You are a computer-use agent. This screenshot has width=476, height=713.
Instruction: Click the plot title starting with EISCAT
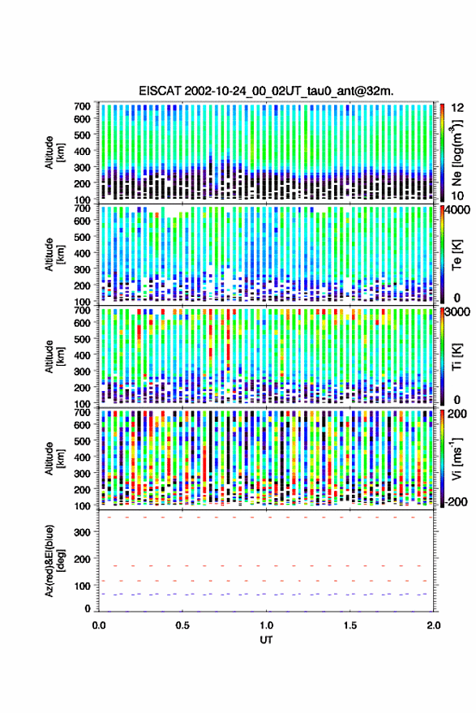266,91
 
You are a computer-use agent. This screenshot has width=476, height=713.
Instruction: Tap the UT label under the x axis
267,640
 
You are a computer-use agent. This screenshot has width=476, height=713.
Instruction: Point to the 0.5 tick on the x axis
182,625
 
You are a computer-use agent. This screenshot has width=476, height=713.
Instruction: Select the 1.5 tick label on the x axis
350,625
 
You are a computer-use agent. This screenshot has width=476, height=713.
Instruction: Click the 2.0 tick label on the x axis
434,625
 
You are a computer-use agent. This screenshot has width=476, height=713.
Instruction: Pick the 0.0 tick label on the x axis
99,625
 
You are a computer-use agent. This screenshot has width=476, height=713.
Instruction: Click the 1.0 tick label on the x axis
267,625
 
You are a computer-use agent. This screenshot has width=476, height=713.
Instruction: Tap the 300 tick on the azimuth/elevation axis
82,532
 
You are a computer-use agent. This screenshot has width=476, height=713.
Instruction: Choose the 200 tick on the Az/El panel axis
82,559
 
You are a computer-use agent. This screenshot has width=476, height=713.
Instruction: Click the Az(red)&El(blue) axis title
54,561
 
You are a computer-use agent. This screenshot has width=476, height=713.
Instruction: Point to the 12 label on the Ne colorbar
458,107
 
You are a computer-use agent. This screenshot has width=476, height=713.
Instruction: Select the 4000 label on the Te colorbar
458,210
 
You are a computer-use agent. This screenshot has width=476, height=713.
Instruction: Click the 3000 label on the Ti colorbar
458,312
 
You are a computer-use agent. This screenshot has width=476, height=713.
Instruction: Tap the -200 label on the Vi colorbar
455,501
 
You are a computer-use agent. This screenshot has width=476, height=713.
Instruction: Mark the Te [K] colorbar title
457,255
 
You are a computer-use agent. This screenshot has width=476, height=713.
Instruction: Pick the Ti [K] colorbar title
457,357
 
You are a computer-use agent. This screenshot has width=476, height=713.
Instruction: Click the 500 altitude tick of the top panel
82,135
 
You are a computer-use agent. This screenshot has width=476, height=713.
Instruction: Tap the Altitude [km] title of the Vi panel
54,458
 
